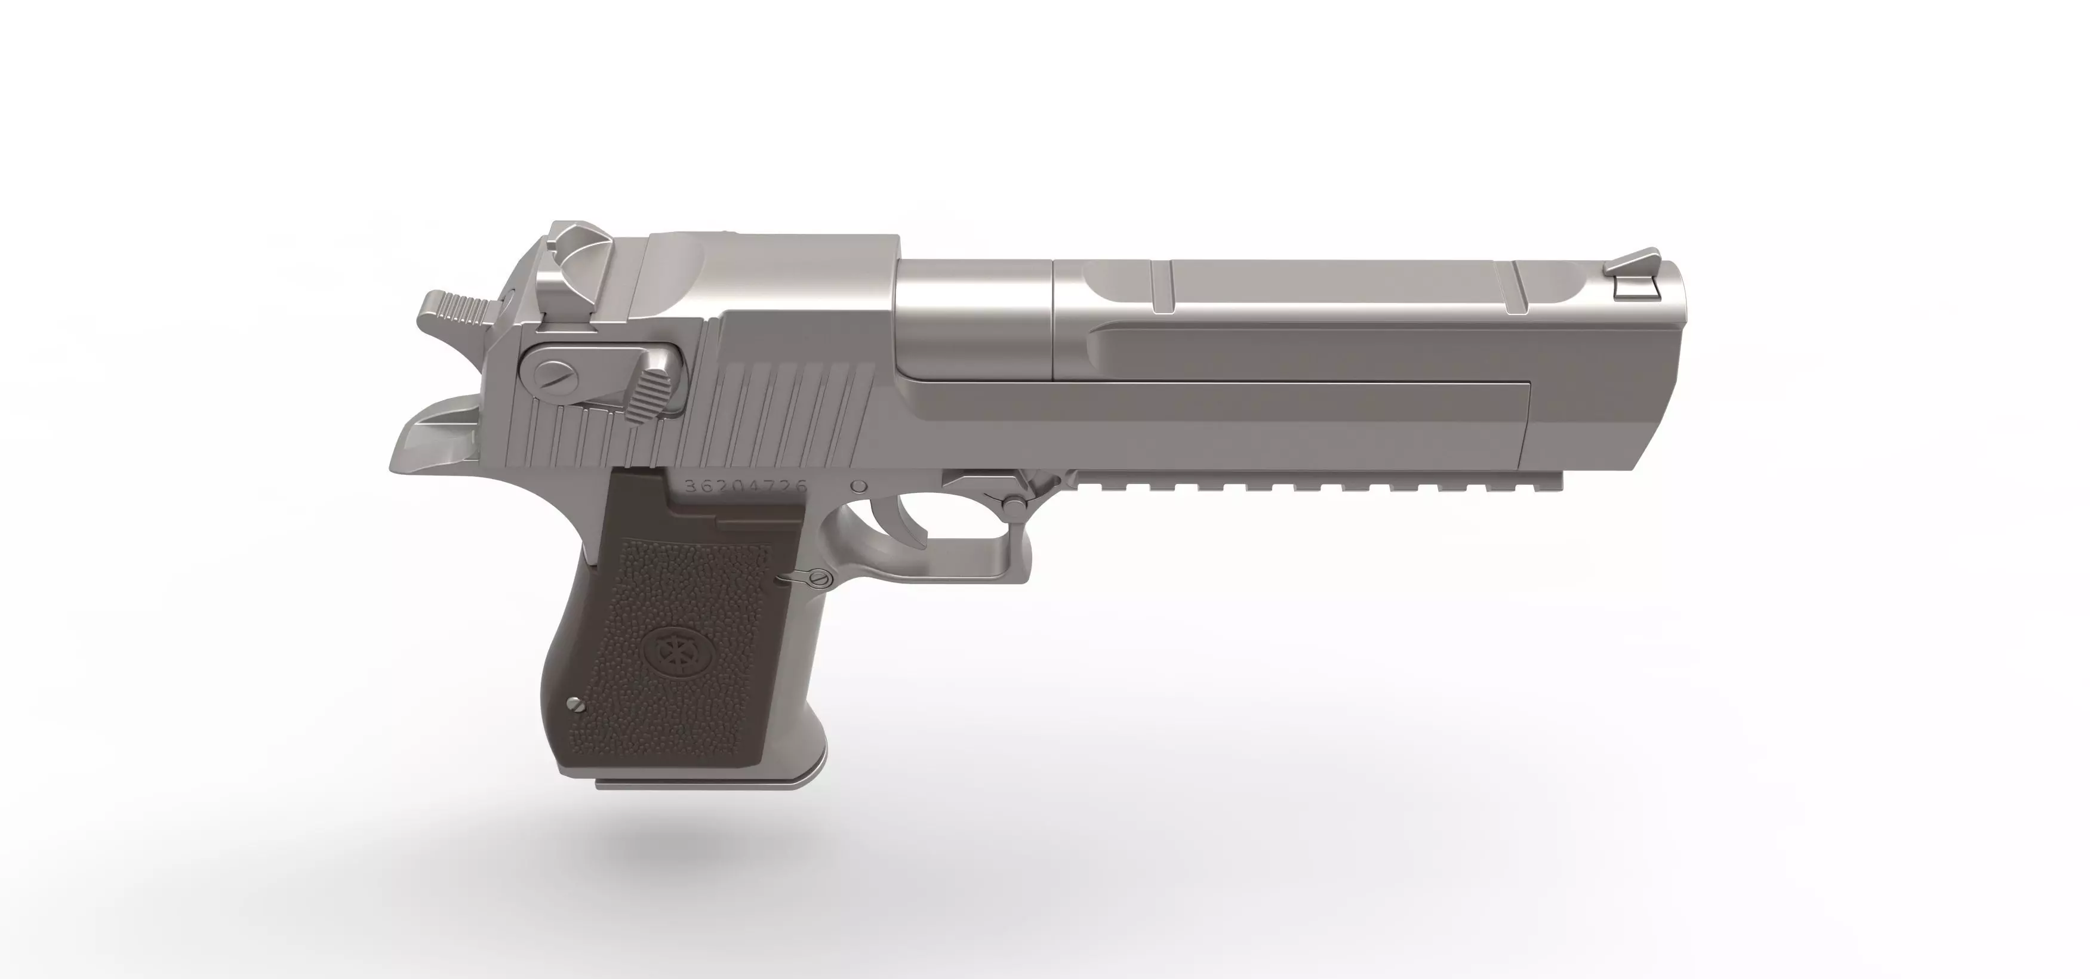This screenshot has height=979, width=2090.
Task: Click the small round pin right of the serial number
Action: tap(858, 487)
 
